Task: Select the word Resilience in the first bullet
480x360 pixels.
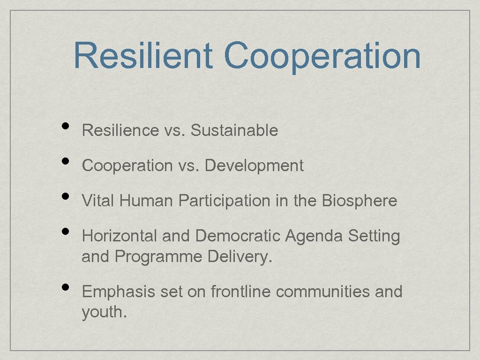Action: coord(120,130)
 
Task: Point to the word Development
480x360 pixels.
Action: coord(254,165)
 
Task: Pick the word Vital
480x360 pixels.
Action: coord(98,201)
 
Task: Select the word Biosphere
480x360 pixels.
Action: coord(360,201)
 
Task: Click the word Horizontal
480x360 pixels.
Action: coord(120,236)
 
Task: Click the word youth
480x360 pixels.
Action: coord(104,312)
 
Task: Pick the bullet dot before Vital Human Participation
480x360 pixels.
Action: coord(66,196)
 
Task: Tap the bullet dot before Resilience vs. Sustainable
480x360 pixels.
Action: coord(66,126)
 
